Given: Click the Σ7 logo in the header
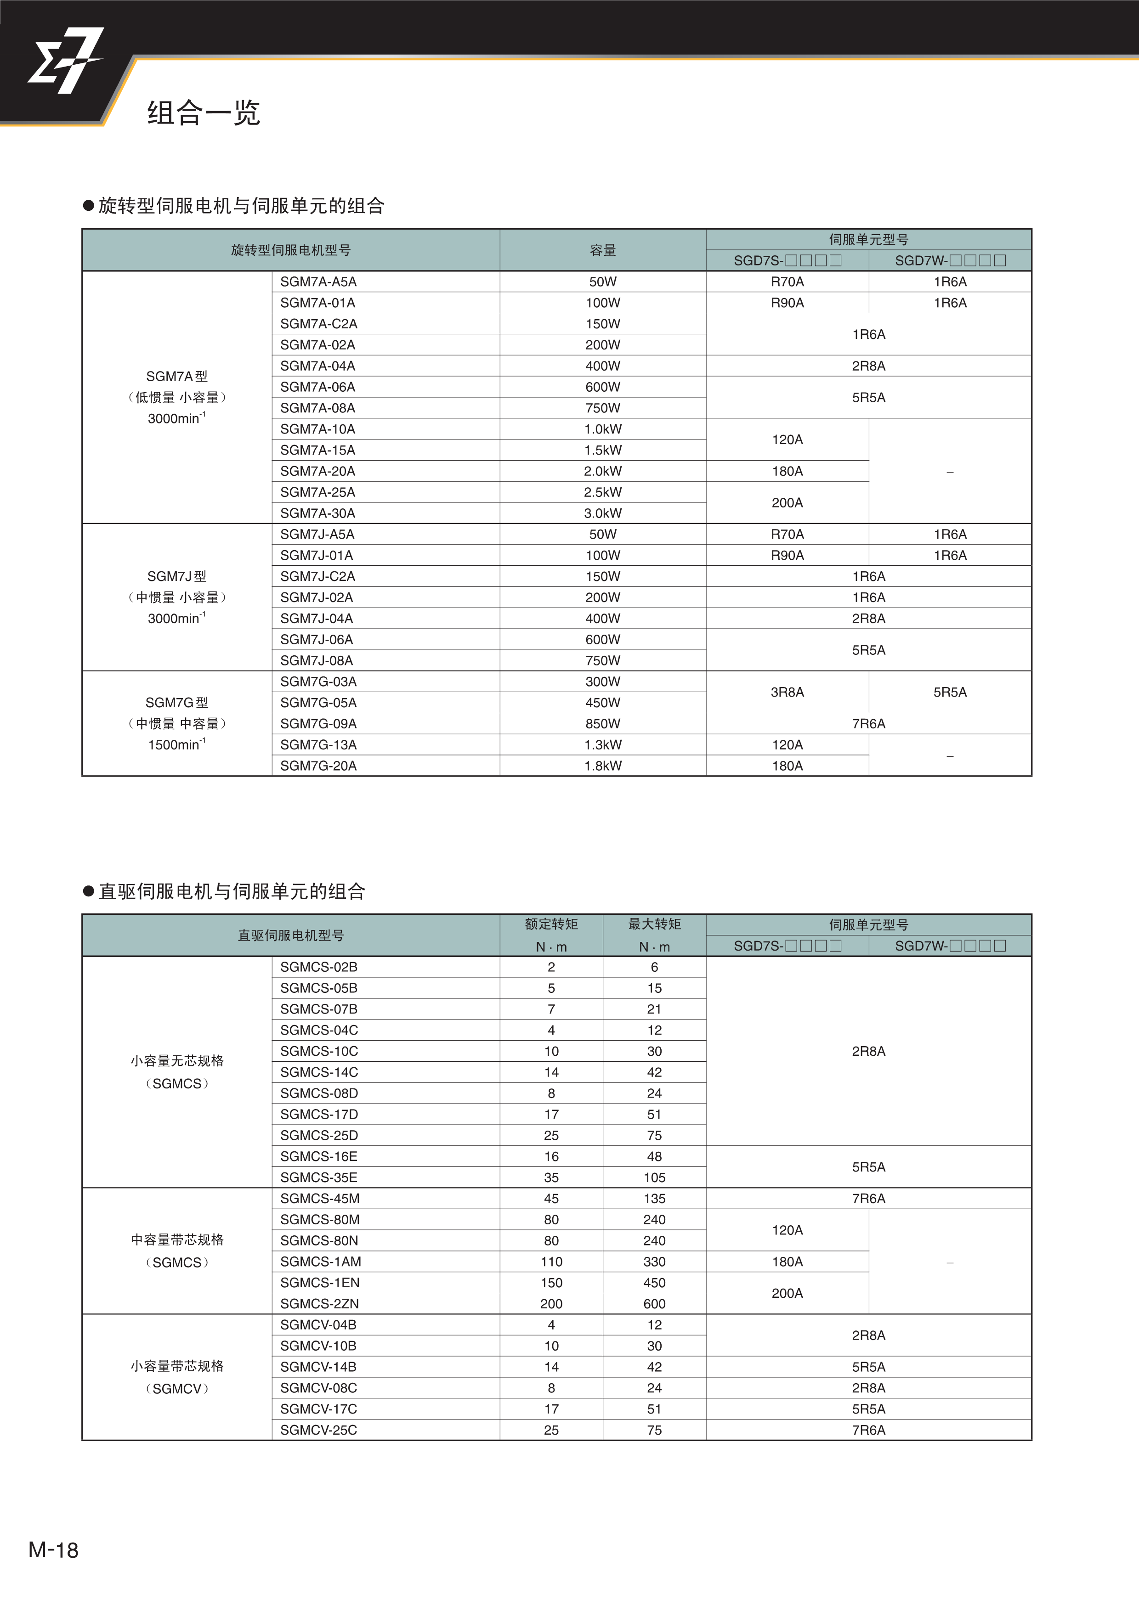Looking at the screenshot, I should click(65, 61).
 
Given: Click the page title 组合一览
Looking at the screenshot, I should click(204, 112).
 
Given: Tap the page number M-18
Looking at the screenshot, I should click(53, 1550).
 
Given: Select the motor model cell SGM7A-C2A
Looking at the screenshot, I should click(318, 323).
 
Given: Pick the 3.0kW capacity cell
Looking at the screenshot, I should click(603, 513).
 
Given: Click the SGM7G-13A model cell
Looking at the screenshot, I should click(318, 744).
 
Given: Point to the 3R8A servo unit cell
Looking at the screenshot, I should click(787, 692).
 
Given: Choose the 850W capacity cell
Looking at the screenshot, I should click(603, 723).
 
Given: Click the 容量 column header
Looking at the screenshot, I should click(603, 250).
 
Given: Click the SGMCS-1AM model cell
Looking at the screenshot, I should click(321, 1262).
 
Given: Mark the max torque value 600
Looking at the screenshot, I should click(654, 1304).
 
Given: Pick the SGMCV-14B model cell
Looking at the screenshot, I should click(318, 1367).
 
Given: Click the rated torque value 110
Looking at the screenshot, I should click(551, 1262).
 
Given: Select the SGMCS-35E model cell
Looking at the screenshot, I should click(318, 1177).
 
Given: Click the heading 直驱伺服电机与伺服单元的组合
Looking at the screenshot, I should click(232, 891).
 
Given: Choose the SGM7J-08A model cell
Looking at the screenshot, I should click(317, 660).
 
